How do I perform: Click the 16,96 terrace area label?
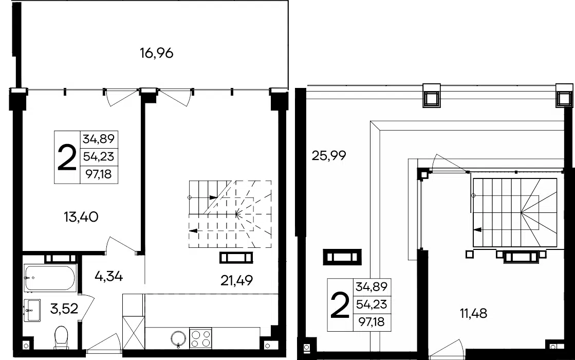(x=157, y=53)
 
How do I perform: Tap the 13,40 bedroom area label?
(x=81, y=217)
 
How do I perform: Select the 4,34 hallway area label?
(x=108, y=276)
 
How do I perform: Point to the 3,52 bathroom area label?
(x=64, y=309)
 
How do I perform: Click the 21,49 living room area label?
(x=236, y=280)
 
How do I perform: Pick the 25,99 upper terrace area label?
(x=328, y=156)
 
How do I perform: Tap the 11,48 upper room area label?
(x=473, y=313)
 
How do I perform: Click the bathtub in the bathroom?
(x=50, y=278)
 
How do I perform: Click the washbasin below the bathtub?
(x=32, y=311)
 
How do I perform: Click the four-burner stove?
(x=200, y=338)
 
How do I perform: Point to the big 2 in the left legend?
(x=67, y=157)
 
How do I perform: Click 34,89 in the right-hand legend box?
(x=372, y=286)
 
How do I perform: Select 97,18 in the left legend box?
(x=99, y=173)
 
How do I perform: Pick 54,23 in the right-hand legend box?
(x=372, y=304)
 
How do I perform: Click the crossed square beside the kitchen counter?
(x=134, y=333)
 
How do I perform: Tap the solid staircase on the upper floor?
(x=515, y=212)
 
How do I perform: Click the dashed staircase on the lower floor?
(x=230, y=214)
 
